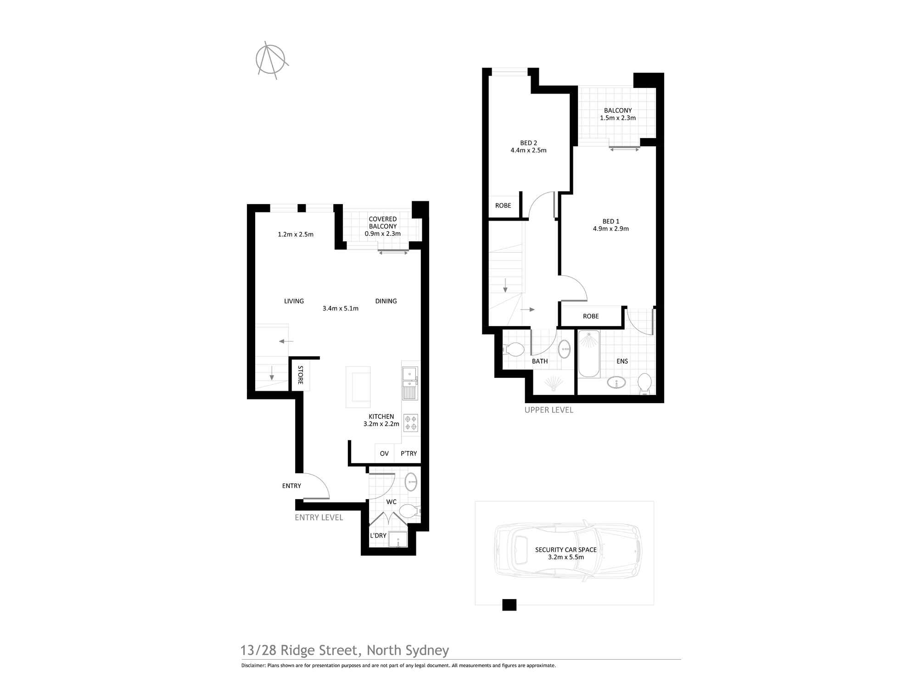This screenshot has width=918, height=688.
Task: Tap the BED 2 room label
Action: [528, 143]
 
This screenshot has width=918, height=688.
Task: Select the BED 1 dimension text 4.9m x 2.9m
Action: [610, 229]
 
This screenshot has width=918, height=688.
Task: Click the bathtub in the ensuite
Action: [589, 354]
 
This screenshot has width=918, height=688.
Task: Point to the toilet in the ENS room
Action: [645, 383]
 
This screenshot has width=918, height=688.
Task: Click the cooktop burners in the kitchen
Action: [411, 423]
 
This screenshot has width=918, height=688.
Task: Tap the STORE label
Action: [300, 375]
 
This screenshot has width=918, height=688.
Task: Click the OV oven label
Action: [384, 454]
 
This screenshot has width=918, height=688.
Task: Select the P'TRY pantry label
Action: [409, 454]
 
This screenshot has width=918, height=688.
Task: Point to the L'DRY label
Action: [378, 536]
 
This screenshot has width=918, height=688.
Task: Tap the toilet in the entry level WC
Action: [409, 510]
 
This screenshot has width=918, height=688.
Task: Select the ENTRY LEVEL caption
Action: [319, 517]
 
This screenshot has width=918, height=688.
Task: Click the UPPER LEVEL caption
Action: [549, 410]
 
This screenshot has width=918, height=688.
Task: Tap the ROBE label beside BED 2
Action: [503, 205]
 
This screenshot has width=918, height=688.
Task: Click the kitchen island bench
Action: [358, 387]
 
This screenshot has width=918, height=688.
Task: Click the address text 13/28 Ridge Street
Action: [298, 650]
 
